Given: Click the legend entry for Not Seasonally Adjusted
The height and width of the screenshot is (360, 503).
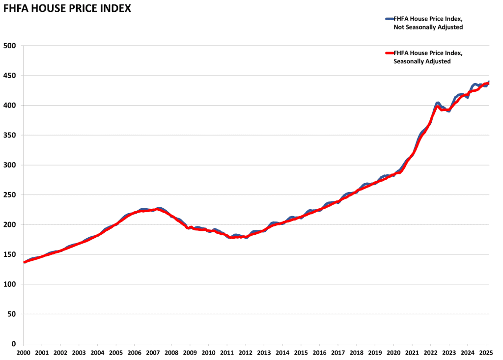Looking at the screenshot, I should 428,23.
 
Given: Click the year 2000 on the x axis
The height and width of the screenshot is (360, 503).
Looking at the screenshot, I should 24,353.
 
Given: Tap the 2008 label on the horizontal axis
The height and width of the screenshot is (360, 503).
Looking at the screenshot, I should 171,353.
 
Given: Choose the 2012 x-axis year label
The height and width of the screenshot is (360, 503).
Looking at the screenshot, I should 246,353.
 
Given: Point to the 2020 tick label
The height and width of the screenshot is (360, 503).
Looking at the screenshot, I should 393,353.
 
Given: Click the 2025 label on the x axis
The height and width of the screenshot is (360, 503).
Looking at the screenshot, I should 486,353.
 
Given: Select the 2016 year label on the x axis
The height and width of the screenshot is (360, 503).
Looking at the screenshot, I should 319,353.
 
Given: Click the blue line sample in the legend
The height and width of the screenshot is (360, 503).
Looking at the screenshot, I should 389,19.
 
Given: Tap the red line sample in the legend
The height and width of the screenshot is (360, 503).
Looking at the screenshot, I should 389,53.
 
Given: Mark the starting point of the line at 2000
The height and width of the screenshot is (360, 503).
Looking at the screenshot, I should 24,262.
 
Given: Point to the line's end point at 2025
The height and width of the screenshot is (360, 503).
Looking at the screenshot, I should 489,82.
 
